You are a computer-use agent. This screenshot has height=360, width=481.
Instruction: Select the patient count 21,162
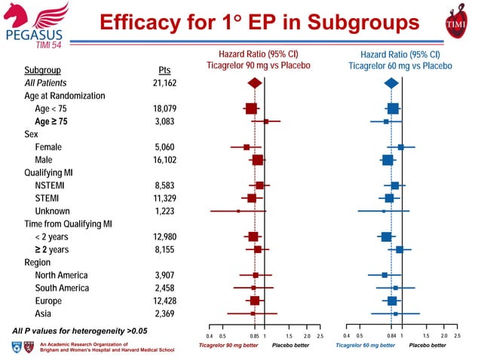(164, 83)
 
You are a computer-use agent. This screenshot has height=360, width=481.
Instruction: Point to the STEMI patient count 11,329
(164, 198)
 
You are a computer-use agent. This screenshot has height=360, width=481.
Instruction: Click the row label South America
(62, 288)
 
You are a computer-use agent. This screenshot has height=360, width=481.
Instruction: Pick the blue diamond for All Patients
(391, 83)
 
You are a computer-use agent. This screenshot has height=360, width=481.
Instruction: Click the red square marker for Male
(258, 160)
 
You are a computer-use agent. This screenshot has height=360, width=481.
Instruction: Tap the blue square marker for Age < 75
(393, 108)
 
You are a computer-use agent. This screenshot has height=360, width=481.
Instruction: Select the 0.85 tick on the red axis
(255, 336)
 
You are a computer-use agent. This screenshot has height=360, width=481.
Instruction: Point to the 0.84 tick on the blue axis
(391, 336)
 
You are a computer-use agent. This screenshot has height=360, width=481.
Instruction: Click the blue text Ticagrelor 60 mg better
(366, 346)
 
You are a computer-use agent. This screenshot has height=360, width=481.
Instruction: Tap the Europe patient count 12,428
(164, 301)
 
